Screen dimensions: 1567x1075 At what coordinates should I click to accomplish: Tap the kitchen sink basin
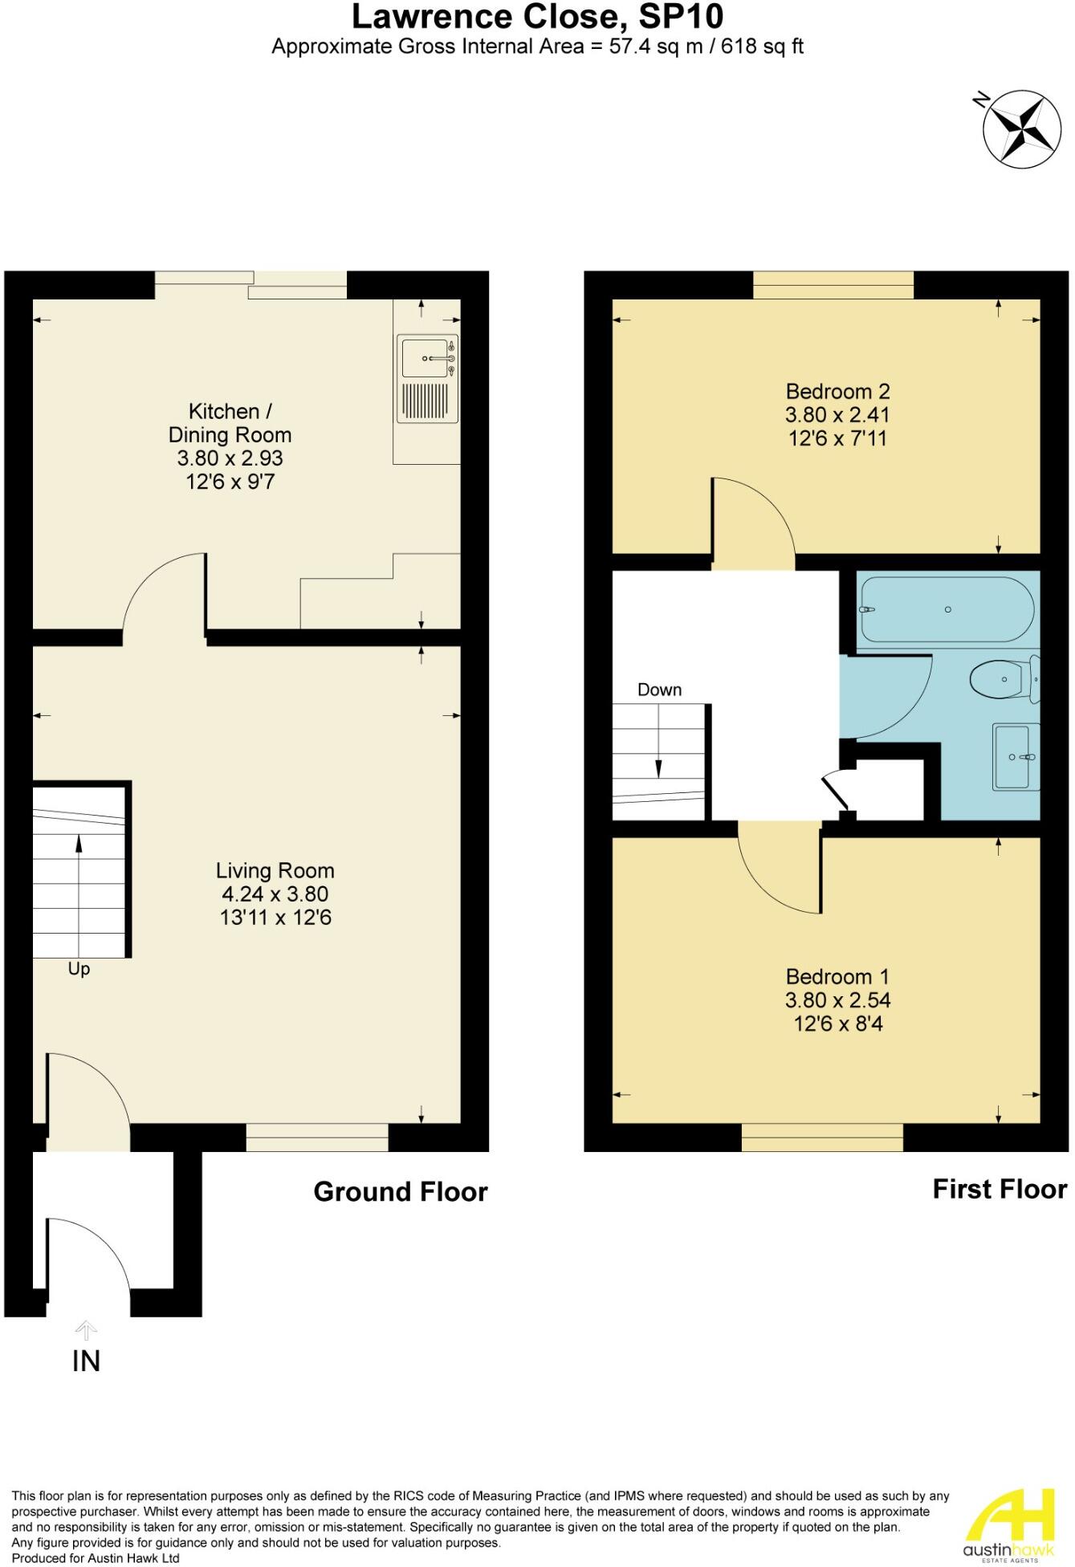[425, 358]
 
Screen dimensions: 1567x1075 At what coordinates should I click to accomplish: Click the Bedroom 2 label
[837, 392]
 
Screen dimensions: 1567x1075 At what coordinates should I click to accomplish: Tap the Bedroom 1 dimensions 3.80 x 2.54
[837, 1000]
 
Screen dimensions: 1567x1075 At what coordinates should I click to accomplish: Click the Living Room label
[275, 870]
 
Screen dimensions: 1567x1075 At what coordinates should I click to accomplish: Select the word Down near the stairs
[659, 690]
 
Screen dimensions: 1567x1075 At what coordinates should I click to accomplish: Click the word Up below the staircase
[79, 969]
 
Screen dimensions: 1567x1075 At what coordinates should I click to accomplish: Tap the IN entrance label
[86, 1361]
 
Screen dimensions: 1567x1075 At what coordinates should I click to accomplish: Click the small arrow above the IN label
[86, 1331]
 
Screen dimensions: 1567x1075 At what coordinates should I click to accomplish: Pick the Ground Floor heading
[400, 1191]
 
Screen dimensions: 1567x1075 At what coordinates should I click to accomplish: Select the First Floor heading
[1000, 1189]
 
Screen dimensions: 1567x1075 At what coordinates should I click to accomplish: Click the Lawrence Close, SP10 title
[537, 16]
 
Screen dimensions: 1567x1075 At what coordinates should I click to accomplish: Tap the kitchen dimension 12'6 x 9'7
[230, 482]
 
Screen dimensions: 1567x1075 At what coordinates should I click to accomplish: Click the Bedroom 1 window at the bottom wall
[822, 1138]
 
